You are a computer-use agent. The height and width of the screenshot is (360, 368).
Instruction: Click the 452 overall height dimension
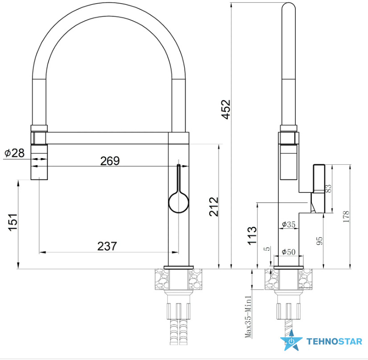click(226, 109)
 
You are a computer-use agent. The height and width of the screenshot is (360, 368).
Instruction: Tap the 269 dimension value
click(110, 161)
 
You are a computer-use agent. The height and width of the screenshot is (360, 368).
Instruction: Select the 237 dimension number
click(107, 246)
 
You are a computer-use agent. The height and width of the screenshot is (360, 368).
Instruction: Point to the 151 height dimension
click(13, 222)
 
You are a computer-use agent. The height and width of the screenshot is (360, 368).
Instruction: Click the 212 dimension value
click(214, 207)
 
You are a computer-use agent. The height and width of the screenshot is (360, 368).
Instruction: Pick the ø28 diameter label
click(15, 153)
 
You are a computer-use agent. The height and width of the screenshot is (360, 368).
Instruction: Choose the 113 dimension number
click(252, 235)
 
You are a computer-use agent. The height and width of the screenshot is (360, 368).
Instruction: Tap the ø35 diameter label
click(289, 224)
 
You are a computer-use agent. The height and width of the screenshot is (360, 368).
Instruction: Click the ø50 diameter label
click(289, 252)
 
